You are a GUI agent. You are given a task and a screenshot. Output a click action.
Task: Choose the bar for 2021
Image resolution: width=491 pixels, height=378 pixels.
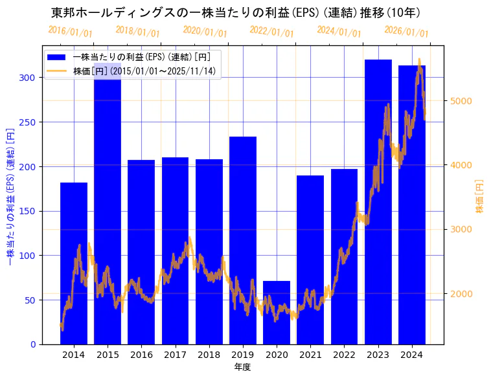(x=310, y=260)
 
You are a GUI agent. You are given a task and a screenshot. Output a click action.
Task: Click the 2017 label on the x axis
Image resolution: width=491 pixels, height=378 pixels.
(x=175, y=355)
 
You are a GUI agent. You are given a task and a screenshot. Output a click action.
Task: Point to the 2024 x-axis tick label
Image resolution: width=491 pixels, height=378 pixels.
(x=412, y=355)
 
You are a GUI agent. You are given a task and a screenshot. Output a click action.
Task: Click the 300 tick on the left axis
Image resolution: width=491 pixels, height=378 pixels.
(x=30, y=78)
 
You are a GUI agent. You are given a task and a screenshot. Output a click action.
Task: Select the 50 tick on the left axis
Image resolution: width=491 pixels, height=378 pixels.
(x=32, y=300)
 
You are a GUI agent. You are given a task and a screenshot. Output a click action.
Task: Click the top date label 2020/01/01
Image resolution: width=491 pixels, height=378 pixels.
(x=205, y=31)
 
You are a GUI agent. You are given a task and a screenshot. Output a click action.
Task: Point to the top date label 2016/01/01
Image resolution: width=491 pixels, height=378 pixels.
(x=70, y=31)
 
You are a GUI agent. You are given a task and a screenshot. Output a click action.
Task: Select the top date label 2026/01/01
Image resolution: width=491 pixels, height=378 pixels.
(x=406, y=31)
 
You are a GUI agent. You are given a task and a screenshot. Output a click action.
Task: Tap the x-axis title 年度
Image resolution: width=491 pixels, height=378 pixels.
(x=242, y=367)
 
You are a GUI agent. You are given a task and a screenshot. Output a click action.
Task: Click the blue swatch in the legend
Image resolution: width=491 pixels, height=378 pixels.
(x=56, y=57)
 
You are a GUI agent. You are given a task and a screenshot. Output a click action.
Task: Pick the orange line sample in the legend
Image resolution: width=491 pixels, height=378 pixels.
(x=56, y=71)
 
